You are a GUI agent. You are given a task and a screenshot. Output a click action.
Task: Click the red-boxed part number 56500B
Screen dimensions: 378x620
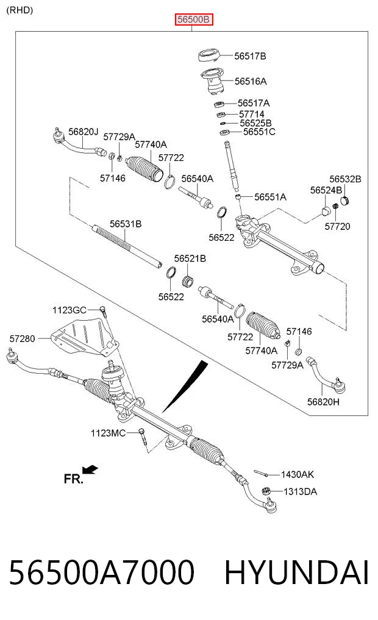194,19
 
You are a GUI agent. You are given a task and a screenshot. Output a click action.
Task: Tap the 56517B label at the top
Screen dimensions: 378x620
250,56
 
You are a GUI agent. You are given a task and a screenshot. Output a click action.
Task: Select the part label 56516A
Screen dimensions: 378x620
251,82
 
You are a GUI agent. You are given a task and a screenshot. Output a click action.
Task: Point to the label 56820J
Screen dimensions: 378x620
83,132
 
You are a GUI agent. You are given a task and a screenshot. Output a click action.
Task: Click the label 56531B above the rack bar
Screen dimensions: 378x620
126,224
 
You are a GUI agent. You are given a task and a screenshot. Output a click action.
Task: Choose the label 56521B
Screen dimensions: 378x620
190,258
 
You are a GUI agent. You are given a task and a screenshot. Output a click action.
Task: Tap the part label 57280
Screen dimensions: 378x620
22,338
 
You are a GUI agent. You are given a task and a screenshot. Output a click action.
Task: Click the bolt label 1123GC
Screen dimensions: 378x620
69,310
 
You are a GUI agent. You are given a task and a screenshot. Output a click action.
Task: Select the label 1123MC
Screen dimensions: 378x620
108,433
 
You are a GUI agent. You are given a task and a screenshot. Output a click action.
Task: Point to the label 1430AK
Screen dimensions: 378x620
298,474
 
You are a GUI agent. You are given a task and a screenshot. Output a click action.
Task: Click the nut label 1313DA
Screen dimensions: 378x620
300,491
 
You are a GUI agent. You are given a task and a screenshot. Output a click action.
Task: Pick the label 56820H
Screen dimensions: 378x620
323,402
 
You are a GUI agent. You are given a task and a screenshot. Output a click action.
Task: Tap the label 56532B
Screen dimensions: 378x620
345,179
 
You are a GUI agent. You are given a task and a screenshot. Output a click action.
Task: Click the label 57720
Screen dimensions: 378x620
337,226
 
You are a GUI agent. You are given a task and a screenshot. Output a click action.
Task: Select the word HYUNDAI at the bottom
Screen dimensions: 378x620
297,572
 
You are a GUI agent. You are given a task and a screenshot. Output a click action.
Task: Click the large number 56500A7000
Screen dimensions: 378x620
102,572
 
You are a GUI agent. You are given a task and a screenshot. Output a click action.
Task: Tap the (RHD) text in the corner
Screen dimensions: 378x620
20,10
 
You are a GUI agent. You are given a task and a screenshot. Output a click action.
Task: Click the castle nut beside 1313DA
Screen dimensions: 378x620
266,491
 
